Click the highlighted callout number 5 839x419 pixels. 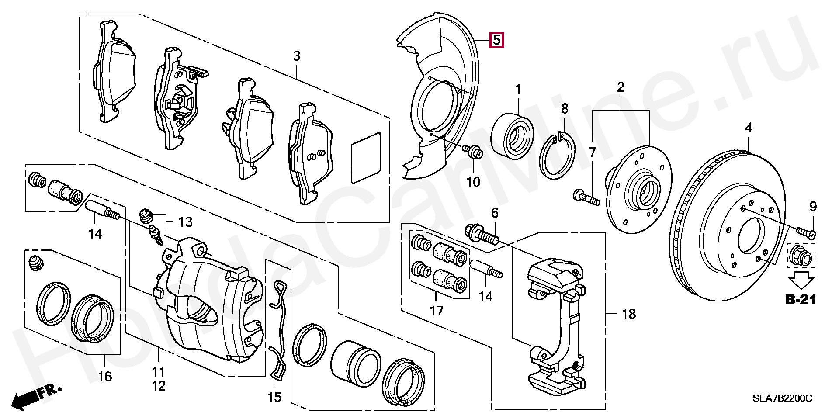pyautogui.click(x=496, y=40)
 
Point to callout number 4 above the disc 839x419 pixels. pyautogui.click(x=749, y=128)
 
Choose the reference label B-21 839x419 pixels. pyautogui.click(x=801, y=299)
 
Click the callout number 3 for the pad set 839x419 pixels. pyautogui.click(x=296, y=56)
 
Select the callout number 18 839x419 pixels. pyautogui.click(x=628, y=314)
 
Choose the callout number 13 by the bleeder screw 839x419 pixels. pyautogui.click(x=185, y=222)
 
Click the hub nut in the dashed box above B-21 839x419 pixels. pyautogui.click(x=801, y=256)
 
